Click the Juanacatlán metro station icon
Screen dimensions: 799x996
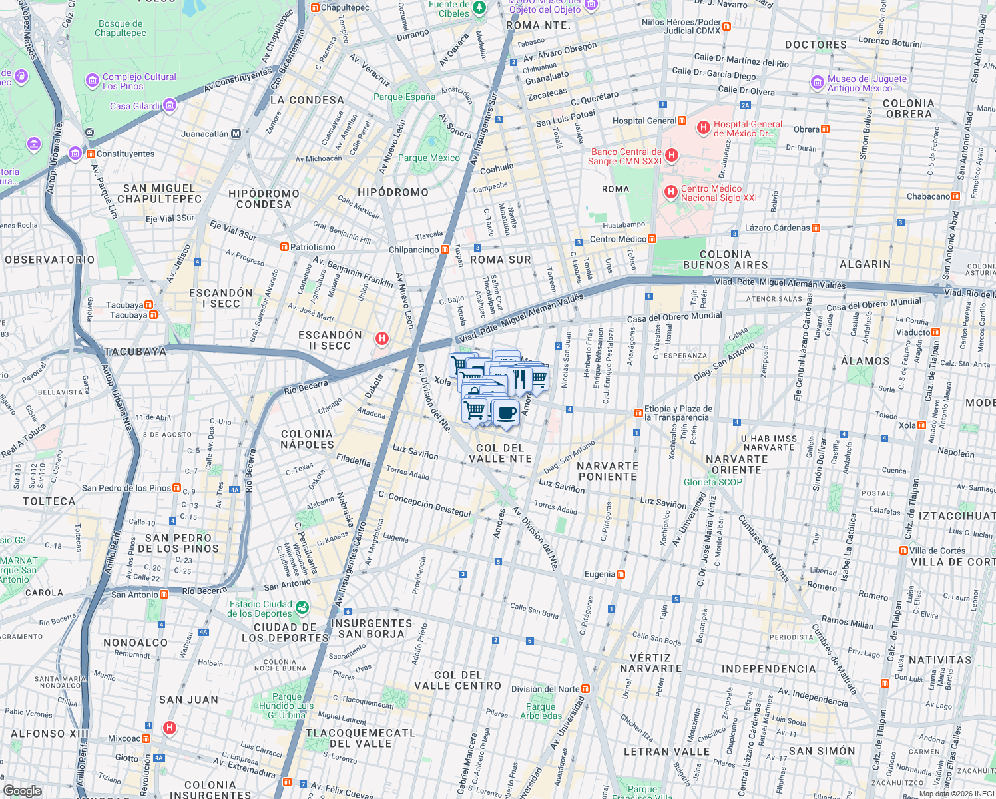coord(236,134)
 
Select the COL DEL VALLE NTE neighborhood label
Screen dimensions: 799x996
coord(500,453)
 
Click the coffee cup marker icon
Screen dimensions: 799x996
coord(506,413)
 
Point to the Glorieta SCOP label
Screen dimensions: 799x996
coord(712,482)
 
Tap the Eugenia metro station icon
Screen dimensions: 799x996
coord(621,574)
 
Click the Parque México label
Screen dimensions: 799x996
coord(429,158)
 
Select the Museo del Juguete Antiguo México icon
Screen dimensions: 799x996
coord(817,83)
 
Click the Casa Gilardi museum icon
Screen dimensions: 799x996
coord(170,105)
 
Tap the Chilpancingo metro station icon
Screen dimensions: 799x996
coord(445,250)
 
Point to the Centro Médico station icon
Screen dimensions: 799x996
coord(652,239)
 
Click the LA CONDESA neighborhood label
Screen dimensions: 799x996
coord(307,100)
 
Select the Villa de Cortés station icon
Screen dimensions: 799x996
coord(903,551)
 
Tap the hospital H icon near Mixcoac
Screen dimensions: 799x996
coord(170,728)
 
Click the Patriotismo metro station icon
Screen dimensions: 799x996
coord(284,247)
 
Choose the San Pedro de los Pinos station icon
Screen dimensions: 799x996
coord(176,488)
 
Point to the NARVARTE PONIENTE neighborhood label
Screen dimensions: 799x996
coord(607,471)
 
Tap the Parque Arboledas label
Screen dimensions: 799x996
coord(541,711)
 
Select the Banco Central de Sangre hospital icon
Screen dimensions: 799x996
coord(672,156)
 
